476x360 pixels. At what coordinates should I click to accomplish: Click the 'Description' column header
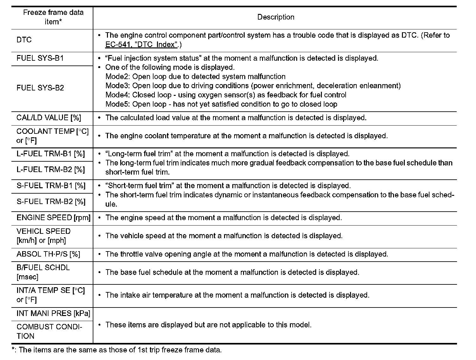tap(276, 17)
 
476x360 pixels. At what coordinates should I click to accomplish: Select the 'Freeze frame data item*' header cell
tap(53, 17)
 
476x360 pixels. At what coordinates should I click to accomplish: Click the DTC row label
tap(24, 40)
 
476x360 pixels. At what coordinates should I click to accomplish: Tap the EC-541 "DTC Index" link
tap(141, 45)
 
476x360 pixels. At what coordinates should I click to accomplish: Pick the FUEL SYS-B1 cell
tap(40, 58)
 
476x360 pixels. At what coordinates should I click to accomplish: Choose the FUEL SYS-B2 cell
tap(40, 88)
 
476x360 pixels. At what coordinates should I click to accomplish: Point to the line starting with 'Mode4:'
tap(226, 95)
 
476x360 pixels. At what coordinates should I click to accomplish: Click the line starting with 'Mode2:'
tap(195, 77)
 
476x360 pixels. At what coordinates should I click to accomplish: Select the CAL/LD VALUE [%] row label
tap(49, 118)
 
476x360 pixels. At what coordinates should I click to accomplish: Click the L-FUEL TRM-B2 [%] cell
tap(51, 170)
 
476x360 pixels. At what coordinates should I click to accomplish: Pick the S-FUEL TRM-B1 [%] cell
tap(51, 186)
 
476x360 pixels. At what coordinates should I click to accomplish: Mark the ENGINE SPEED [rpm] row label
tap(53, 218)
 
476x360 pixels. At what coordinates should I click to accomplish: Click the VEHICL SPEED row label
tap(43, 236)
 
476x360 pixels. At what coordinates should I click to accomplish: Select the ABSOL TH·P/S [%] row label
tap(48, 254)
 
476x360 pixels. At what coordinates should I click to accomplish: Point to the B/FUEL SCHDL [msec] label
tap(43, 272)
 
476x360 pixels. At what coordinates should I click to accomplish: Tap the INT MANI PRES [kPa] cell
tap(53, 313)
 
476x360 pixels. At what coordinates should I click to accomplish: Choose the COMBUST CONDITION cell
tap(49, 331)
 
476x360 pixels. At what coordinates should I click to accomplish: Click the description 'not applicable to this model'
tap(209, 325)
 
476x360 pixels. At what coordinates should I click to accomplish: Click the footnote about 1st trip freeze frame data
tap(117, 350)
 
